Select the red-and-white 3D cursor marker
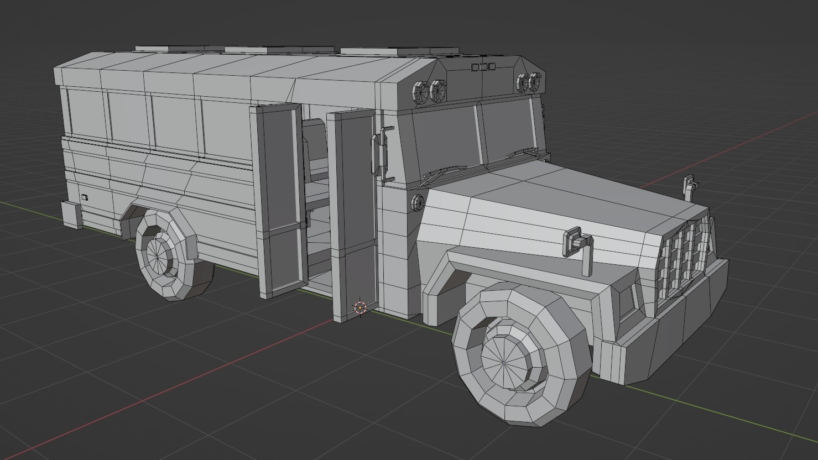360,307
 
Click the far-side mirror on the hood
689,186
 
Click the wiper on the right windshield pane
523,153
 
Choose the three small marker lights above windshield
483,67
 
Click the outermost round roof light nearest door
421,91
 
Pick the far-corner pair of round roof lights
529,82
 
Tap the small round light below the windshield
418,203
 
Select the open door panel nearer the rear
279,199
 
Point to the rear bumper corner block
72,215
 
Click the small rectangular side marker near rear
85,197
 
